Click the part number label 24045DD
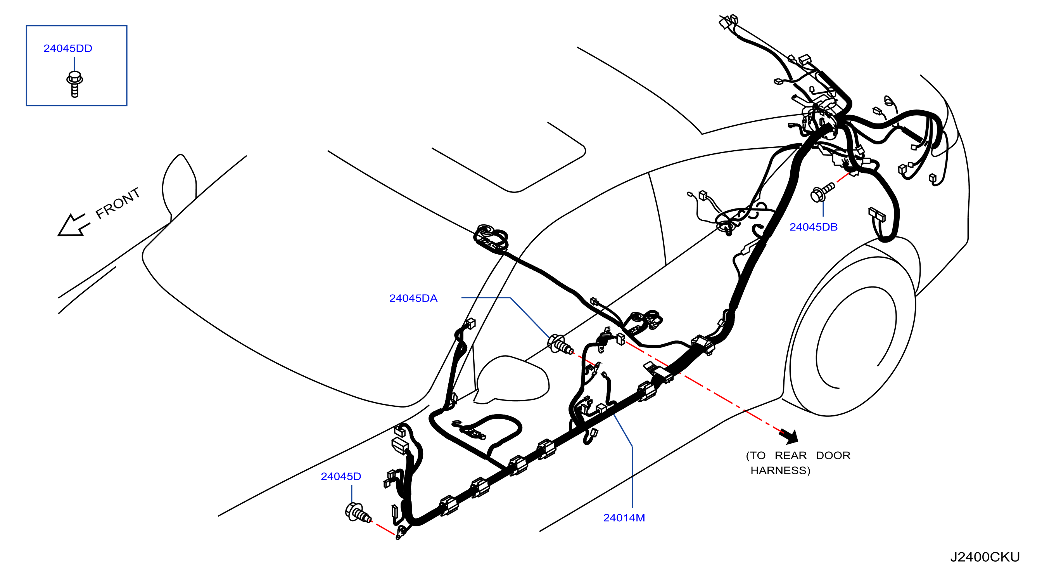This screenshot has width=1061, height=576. (x=68, y=49)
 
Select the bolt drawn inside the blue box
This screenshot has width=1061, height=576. (x=74, y=84)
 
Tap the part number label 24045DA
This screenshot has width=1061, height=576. (x=413, y=298)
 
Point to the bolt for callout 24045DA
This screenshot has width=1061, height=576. (x=560, y=344)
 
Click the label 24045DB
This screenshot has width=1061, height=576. (x=814, y=227)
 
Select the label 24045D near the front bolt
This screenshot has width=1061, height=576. (x=341, y=477)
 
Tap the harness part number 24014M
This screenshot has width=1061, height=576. (x=624, y=518)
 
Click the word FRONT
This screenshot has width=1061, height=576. (x=118, y=203)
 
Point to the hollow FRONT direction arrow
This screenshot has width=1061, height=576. (x=73, y=225)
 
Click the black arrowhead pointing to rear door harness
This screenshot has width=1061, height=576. (x=789, y=436)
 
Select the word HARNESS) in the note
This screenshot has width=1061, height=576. (x=780, y=470)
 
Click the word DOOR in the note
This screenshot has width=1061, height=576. (x=833, y=456)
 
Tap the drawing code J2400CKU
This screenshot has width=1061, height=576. (x=985, y=557)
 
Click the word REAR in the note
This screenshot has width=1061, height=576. (x=790, y=456)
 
